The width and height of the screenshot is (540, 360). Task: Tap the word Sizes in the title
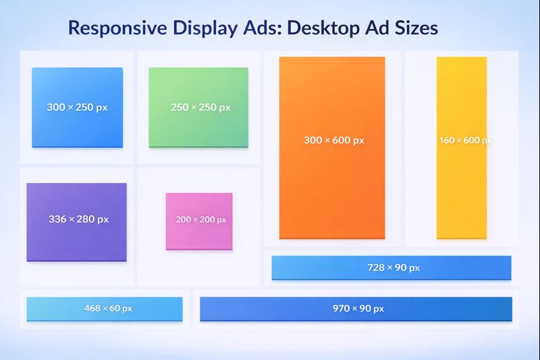point(415,29)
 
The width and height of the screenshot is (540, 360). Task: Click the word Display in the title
point(205,29)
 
